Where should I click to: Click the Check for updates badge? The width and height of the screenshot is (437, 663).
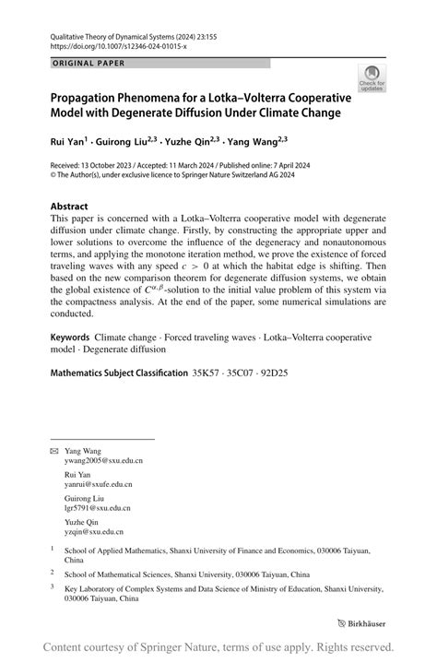[x=372, y=77]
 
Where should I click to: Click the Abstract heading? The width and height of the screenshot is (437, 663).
[x=70, y=207]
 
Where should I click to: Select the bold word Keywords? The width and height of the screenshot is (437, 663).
[x=70, y=338]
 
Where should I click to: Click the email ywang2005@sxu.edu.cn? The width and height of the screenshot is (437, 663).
[x=103, y=459]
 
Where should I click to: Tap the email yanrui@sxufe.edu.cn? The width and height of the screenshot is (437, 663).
[x=99, y=483]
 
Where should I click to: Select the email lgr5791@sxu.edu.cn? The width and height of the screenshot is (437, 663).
[x=98, y=507]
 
